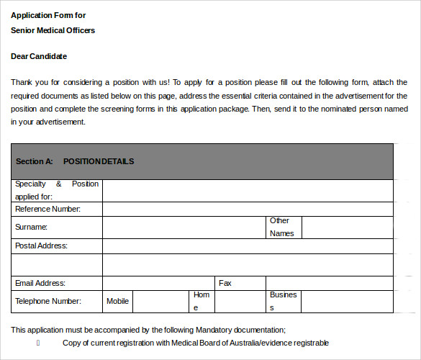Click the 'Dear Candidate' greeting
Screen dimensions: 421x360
point(39,56)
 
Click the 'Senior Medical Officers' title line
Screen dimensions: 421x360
point(53,30)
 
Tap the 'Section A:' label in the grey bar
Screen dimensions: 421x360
point(35,162)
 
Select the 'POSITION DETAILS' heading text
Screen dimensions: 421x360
point(99,162)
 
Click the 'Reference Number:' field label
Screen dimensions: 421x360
point(47,210)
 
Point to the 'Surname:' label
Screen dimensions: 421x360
point(31,227)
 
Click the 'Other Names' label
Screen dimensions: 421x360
point(281,227)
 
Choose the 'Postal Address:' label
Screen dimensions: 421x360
point(41,246)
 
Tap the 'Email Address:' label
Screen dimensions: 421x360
point(40,284)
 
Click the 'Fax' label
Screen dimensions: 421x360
point(225,284)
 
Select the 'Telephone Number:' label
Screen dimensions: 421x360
point(48,302)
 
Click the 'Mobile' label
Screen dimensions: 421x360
point(117,302)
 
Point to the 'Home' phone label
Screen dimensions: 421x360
point(200,302)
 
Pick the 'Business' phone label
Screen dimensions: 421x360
point(283,302)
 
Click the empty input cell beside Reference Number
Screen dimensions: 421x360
point(248,210)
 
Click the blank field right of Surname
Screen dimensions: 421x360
point(184,227)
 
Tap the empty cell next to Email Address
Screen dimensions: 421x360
point(159,284)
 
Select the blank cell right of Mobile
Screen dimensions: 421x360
point(153,302)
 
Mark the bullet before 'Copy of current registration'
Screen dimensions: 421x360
point(38,343)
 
